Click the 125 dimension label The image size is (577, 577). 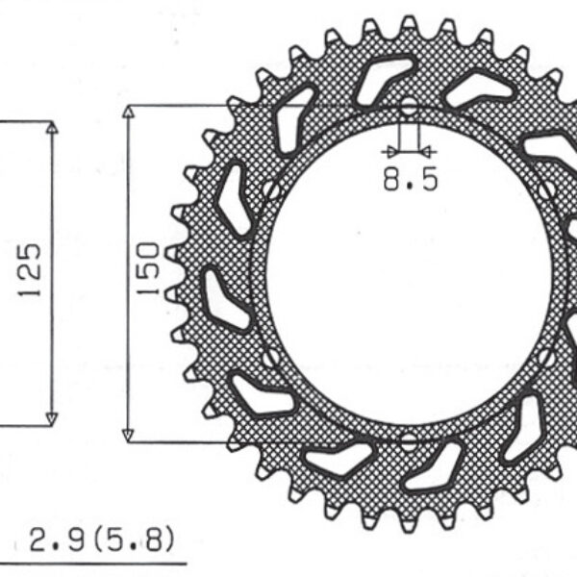[x=31, y=270]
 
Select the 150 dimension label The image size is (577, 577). [x=147, y=270]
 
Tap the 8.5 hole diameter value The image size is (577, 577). [x=410, y=179]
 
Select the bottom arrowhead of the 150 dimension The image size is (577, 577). [x=128, y=435]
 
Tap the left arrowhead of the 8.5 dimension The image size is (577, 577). [x=389, y=151]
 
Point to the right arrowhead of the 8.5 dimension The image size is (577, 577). [x=428, y=151]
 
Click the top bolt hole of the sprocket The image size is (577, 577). [x=409, y=106]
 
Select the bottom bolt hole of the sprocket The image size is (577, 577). [x=409, y=441]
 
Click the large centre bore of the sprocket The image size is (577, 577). [x=409, y=274]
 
